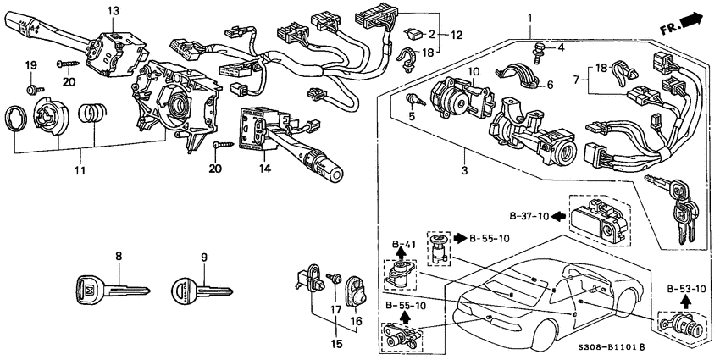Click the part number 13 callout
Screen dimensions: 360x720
(x=113, y=10)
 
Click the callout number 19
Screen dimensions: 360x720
(x=30, y=65)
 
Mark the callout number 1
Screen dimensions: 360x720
(x=529, y=17)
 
